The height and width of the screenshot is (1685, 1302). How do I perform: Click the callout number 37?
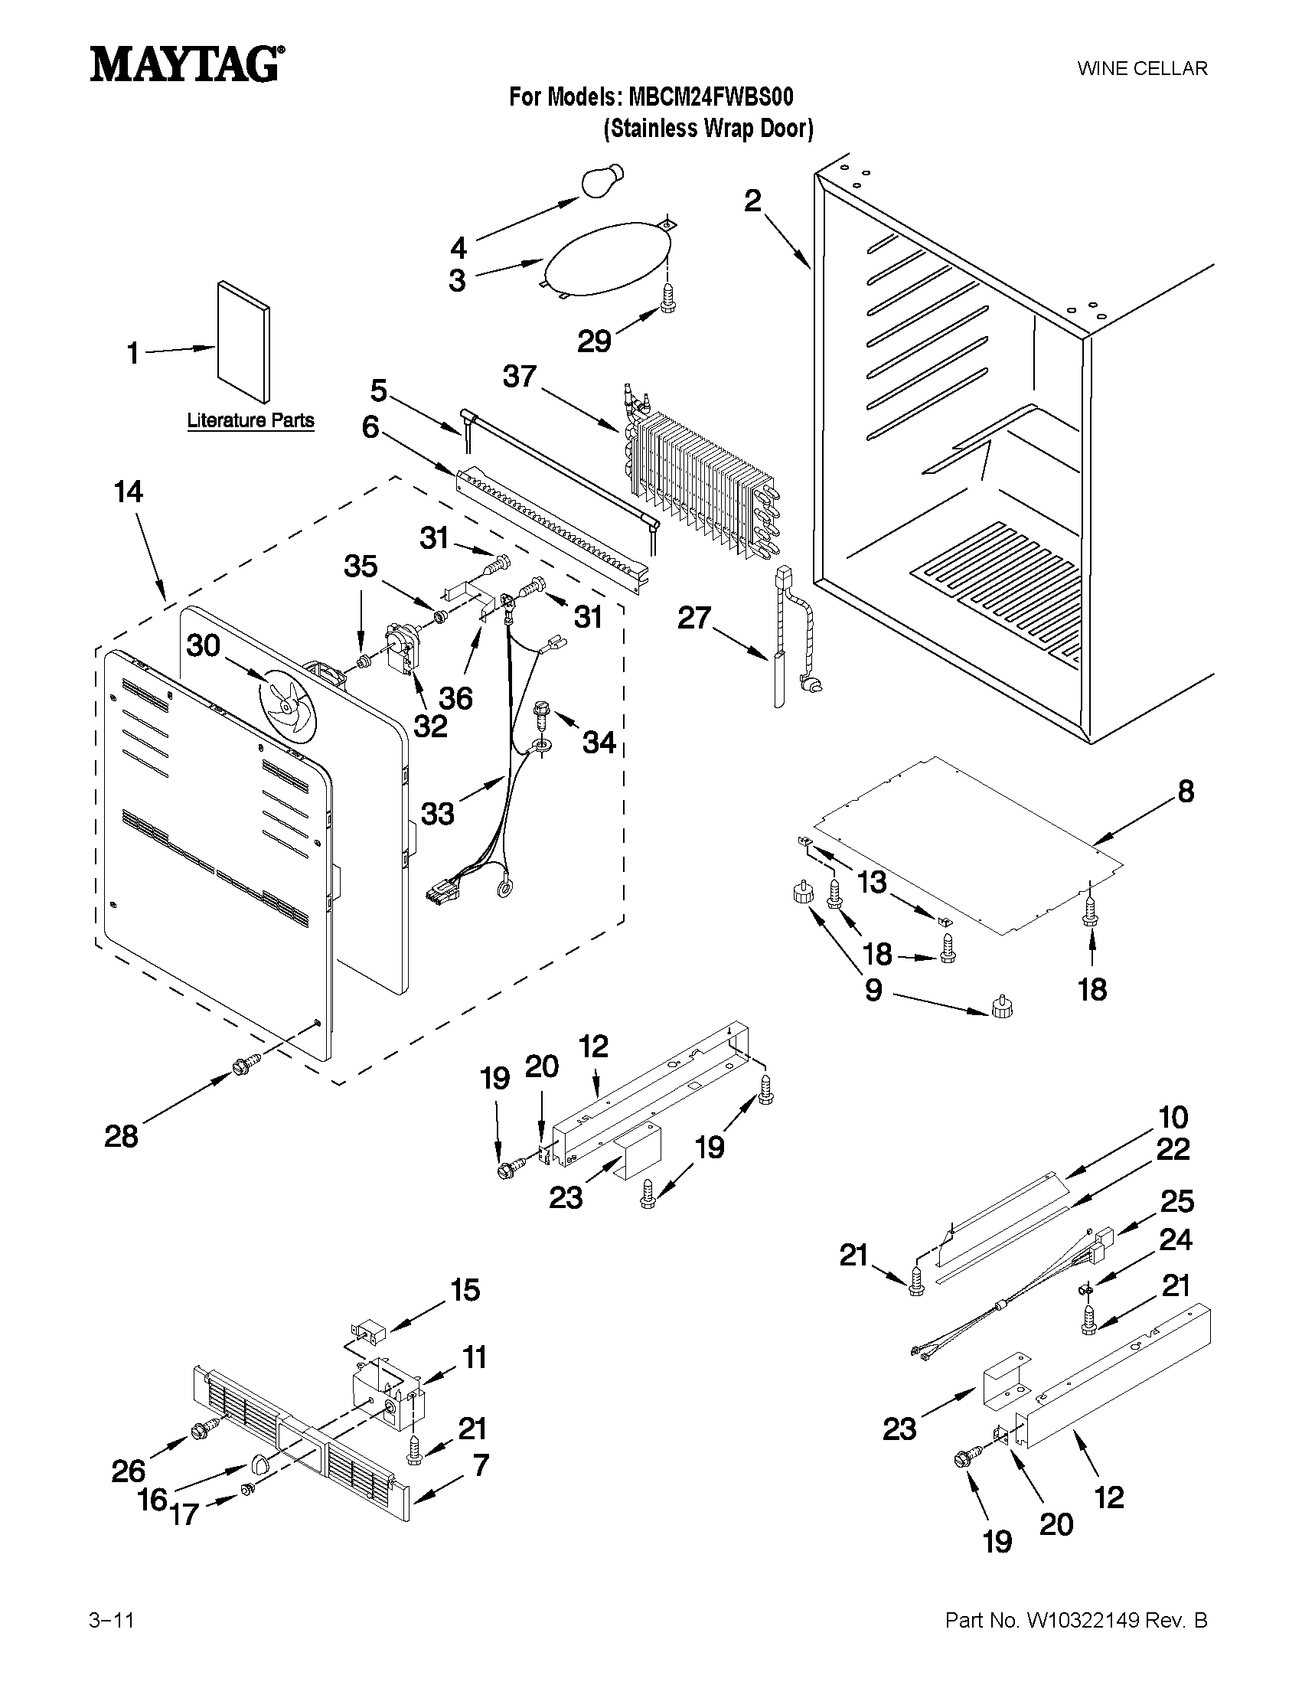[x=519, y=377]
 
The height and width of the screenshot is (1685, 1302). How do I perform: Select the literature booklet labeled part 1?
[x=243, y=340]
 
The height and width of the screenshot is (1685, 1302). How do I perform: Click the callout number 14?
[x=129, y=491]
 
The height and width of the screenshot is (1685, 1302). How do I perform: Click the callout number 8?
[x=1186, y=791]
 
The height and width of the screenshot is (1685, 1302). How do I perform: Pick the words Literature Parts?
[x=251, y=420]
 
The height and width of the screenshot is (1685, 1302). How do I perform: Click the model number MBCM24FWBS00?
[x=710, y=97]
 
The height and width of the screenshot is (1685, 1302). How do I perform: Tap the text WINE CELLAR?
[x=1142, y=69]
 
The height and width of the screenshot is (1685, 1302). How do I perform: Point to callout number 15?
[x=465, y=1289]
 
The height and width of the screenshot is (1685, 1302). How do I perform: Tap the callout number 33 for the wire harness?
[x=437, y=813]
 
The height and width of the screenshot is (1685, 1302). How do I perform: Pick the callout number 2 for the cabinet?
[x=752, y=201]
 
